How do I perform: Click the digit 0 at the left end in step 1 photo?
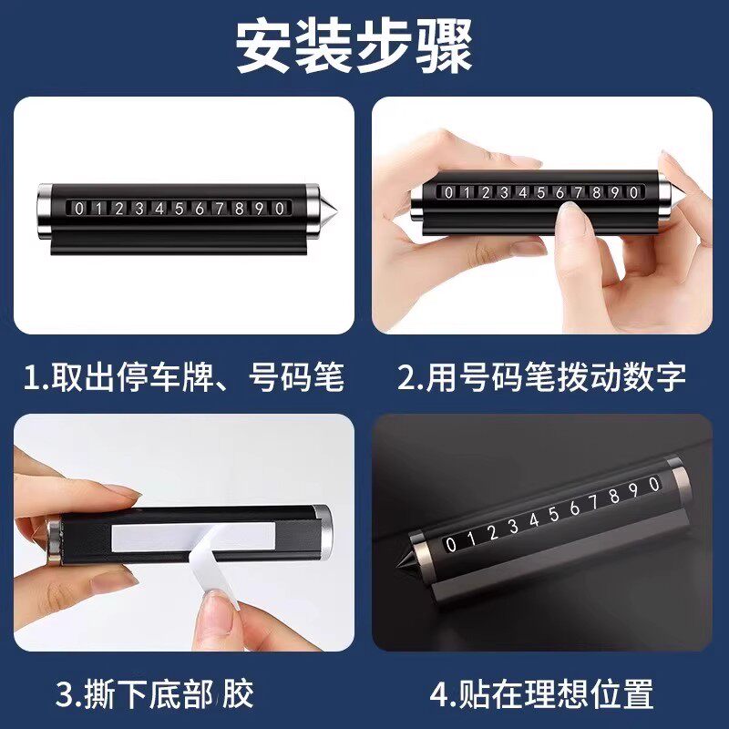[79, 209]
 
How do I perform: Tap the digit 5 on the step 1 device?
[180, 209]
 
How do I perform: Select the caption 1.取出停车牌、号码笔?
[182, 376]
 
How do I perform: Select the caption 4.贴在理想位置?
[542, 695]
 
